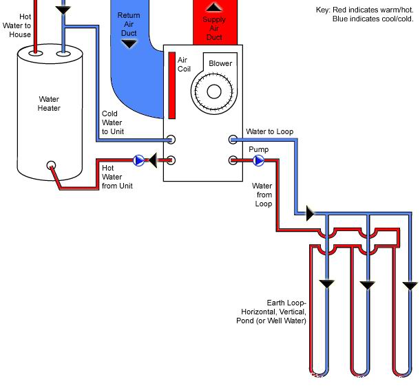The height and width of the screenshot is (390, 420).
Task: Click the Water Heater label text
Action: click(49, 103)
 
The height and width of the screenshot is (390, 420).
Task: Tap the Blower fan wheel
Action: click(213, 91)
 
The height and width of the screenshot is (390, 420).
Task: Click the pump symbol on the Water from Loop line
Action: click(258, 161)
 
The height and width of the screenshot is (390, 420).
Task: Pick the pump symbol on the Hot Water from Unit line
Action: click(140, 161)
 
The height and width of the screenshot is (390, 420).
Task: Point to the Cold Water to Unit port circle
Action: click(171, 140)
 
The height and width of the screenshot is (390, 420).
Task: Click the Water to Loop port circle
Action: click(233, 140)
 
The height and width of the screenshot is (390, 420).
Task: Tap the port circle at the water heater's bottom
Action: click(51, 166)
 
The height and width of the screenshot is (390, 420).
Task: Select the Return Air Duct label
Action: click(128, 23)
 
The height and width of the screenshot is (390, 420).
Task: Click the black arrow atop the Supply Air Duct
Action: click(215, 8)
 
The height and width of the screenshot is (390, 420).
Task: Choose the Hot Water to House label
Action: click(20, 25)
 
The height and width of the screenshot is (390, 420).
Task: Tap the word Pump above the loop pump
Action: click(258, 149)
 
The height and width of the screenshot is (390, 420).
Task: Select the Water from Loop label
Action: click(262, 195)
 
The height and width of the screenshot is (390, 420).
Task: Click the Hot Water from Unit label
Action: click(117, 177)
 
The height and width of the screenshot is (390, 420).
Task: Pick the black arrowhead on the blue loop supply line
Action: click(310, 214)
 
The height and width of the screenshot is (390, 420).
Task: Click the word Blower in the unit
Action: click(220, 63)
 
